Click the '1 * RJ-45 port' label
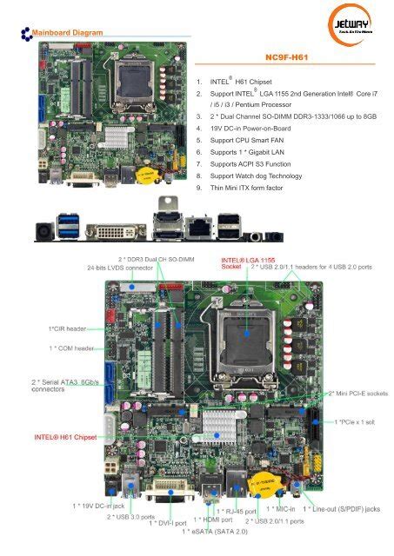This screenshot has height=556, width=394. coord(237,511)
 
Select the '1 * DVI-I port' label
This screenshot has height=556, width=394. coord(169,523)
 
